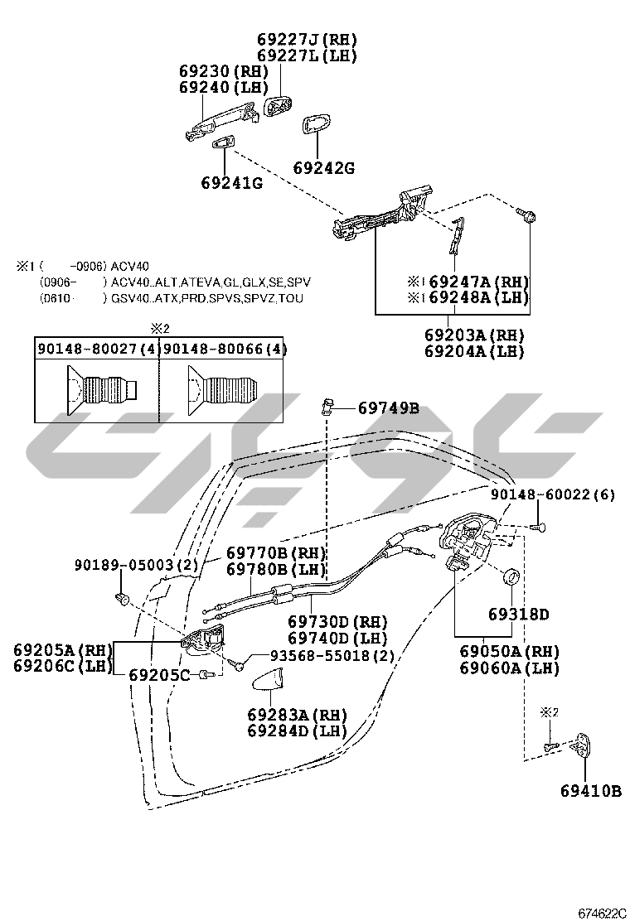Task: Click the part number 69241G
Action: point(231,182)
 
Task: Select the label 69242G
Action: point(323,168)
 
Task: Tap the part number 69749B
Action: point(388,407)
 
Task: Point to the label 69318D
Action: point(518,615)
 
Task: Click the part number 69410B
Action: point(589,791)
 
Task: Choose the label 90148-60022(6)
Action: point(552,495)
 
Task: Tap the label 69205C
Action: point(159,675)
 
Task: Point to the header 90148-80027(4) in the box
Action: point(97,350)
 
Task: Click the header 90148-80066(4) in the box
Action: point(225,350)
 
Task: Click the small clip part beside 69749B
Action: point(327,406)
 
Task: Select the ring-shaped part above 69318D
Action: point(512,576)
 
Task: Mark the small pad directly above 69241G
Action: point(223,144)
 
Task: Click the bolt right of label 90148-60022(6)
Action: point(539,525)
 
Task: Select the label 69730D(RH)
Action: point(338,622)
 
